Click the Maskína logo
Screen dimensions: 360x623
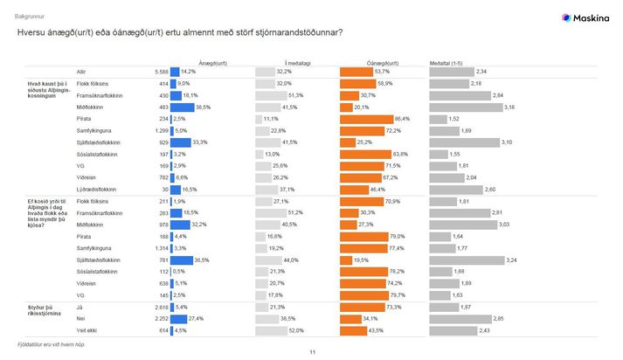[x=585, y=17]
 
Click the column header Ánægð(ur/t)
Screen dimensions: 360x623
[x=212, y=64]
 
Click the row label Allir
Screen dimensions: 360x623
[x=81, y=72]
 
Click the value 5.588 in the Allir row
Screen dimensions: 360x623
[x=161, y=72]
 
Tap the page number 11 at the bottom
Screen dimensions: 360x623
[x=312, y=352]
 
